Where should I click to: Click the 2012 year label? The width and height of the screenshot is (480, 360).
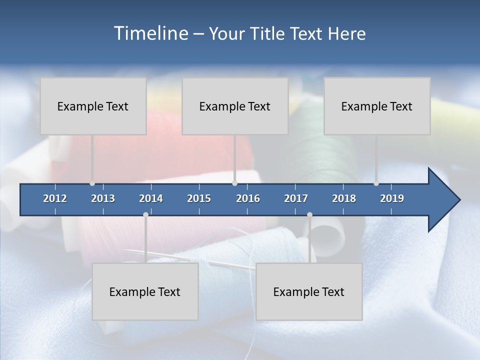pos(55,198)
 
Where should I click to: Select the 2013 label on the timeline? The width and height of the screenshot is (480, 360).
pos(103,198)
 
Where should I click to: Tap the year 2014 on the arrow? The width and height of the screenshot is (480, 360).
pos(151,198)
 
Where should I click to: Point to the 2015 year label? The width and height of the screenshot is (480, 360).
pos(199,198)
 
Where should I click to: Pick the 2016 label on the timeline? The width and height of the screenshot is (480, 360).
pos(248,198)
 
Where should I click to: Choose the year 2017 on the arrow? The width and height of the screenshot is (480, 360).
pos(296,198)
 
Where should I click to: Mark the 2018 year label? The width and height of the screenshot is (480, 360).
pos(344,198)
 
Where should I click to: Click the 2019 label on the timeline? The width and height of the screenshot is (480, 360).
pos(392,198)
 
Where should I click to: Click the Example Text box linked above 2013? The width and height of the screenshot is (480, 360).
pos(93,106)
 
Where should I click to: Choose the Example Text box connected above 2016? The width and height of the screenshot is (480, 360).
pos(235,106)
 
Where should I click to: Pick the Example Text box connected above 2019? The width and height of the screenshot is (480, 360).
pos(377,106)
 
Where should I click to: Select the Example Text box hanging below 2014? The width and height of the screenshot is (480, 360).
pos(145,291)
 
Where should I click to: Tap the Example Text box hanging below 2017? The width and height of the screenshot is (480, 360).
pos(309,291)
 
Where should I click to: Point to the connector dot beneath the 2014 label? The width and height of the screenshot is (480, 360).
pos(145,214)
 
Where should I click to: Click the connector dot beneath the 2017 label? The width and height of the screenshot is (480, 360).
pos(309,214)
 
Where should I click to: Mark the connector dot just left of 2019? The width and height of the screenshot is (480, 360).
pos(376,183)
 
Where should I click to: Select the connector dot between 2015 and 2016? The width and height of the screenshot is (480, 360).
pos(234,183)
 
